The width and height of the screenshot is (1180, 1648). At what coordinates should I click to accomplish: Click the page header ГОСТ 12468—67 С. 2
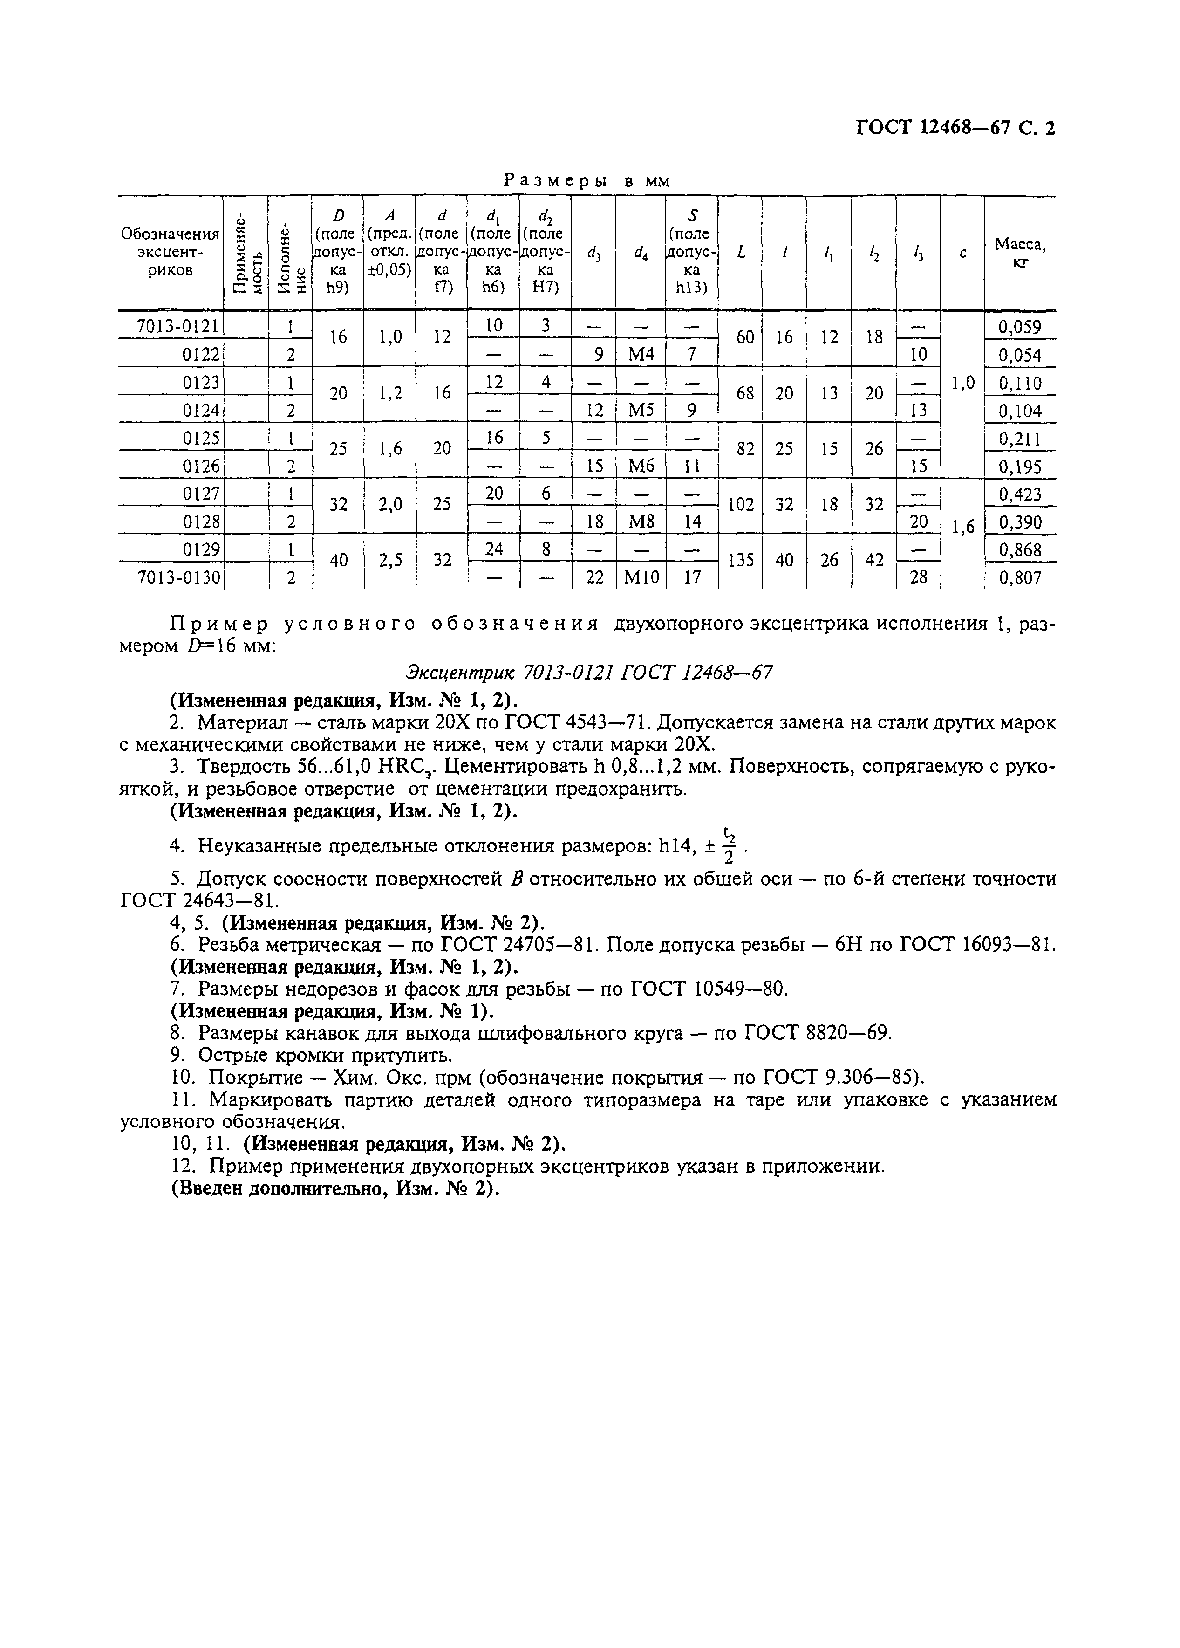955,129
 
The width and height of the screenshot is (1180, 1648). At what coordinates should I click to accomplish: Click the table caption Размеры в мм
587,181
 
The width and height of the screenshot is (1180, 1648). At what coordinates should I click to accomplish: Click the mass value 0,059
1020,327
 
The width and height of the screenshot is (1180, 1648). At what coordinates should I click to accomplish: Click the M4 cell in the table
641,355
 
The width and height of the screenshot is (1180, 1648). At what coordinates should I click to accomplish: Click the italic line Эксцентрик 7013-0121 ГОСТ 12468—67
588,673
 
